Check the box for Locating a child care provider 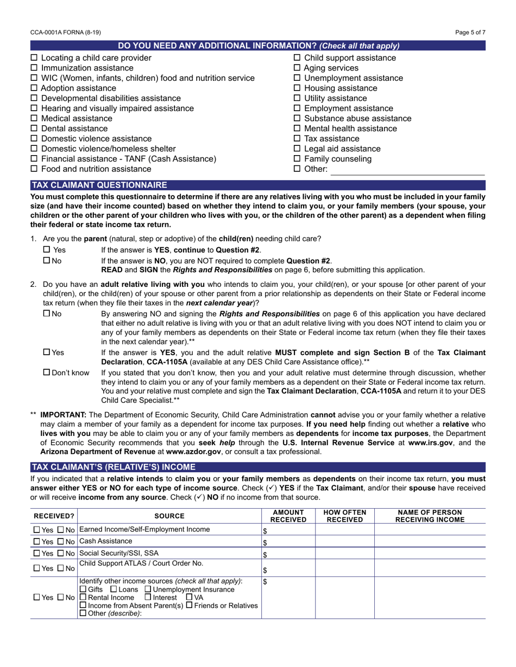34,58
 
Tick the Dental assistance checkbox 34,129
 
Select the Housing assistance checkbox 297,88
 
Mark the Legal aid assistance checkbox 297,149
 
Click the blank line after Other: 407,170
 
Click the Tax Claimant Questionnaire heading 99,185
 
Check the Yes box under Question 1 46,250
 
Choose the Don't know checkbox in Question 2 46,373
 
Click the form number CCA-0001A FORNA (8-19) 66,33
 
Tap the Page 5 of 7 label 470,33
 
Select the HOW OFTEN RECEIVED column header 345,516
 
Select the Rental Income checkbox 83,598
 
